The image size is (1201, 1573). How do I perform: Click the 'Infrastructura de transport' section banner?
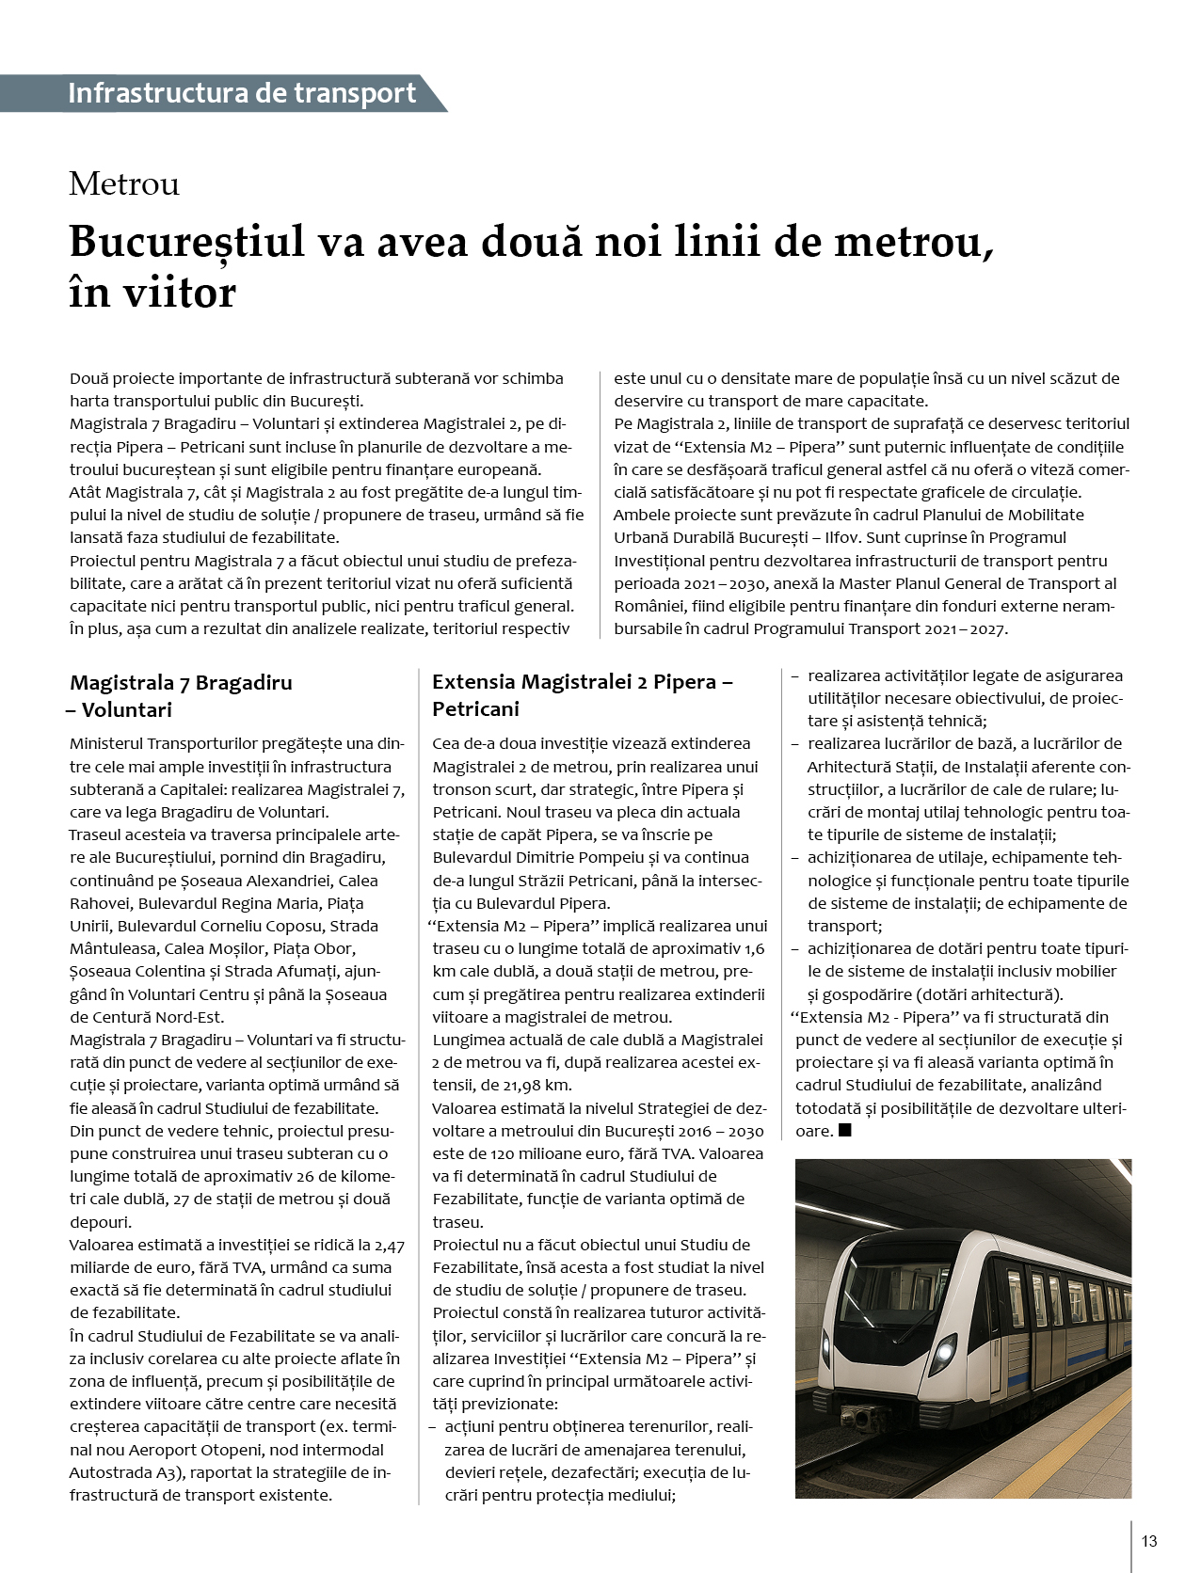point(242,93)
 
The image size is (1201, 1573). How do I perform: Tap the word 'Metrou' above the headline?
point(123,183)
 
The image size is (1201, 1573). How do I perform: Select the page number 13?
point(1148,1541)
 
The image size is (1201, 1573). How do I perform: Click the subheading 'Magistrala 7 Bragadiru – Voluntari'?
point(181,695)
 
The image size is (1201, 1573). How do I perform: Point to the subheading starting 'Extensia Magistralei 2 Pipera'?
point(582,695)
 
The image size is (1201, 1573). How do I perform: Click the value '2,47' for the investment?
point(389,1245)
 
